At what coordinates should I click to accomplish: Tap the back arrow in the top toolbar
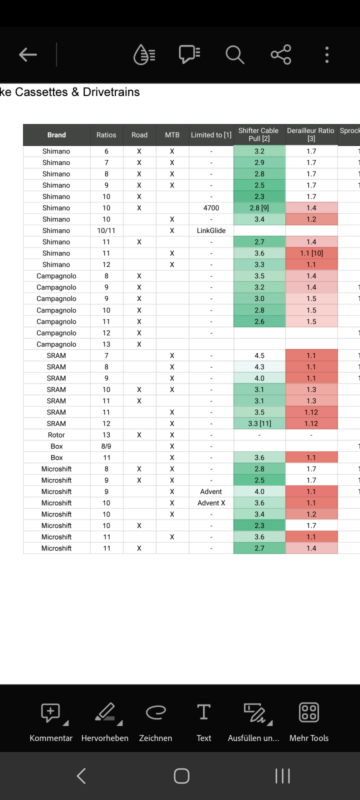click(28, 54)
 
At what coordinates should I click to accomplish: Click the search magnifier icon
click(234, 54)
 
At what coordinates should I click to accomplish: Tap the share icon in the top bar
click(281, 54)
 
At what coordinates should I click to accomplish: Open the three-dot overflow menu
click(327, 54)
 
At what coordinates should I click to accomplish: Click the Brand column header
click(56, 135)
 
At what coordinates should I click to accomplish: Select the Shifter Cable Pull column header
click(259, 134)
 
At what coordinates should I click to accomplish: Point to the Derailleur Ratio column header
click(311, 134)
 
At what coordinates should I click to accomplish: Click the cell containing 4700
click(211, 208)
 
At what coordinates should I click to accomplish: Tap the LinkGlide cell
click(211, 230)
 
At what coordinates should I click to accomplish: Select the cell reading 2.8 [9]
click(259, 208)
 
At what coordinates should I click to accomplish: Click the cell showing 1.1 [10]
click(311, 253)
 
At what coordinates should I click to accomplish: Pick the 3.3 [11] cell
click(259, 423)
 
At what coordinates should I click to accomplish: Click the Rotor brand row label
click(56, 435)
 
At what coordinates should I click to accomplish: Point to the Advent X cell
click(211, 503)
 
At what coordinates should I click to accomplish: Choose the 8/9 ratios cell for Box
click(106, 446)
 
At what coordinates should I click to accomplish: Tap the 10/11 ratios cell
click(106, 230)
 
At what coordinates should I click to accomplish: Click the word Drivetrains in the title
click(111, 92)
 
